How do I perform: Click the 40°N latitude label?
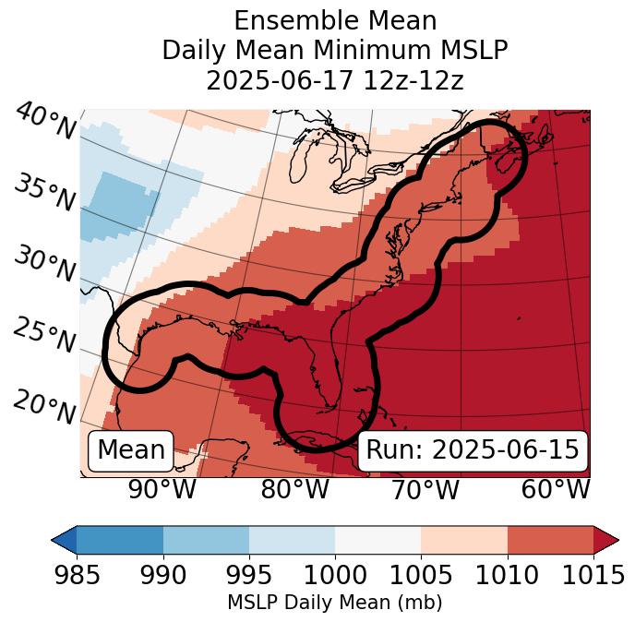[x=45, y=122]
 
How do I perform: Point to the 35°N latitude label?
[x=43, y=193]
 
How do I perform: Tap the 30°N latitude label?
[x=43, y=265]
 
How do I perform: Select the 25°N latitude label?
[x=43, y=336]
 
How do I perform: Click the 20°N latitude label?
[x=44, y=407]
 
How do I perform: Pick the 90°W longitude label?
[x=162, y=490]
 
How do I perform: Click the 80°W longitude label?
[x=294, y=490]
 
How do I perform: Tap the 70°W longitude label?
[x=424, y=490]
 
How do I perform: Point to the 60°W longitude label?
[x=556, y=490]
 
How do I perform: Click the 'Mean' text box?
[x=131, y=450]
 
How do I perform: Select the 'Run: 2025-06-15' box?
[x=473, y=450]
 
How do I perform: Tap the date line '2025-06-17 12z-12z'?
[x=334, y=80]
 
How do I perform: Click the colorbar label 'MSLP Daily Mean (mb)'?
[x=334, y=603]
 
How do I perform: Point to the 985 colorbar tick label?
[x=77, y=575]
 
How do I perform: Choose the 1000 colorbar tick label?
[x=334, y=575]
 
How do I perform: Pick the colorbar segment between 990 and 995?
[x=206, y=539]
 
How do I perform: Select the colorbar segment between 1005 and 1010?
[x=463, y=539]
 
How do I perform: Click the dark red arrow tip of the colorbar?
[x=605, y=539]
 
